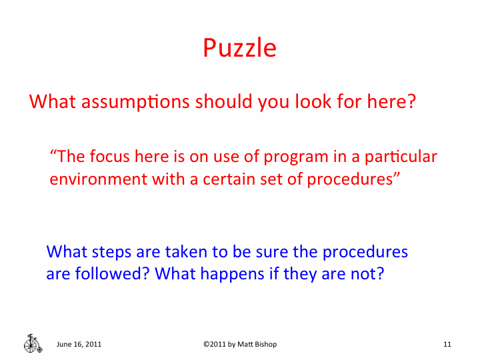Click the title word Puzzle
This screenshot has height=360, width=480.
tap(239, 48)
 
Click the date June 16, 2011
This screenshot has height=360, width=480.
tap(79, 344)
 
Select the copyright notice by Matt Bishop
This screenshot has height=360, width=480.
tap(239, 344)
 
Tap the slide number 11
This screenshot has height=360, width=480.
tap(447, 344)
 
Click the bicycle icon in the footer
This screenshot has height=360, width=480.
tap(31, 343)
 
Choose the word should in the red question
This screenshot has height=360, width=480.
tap(225, 102)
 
